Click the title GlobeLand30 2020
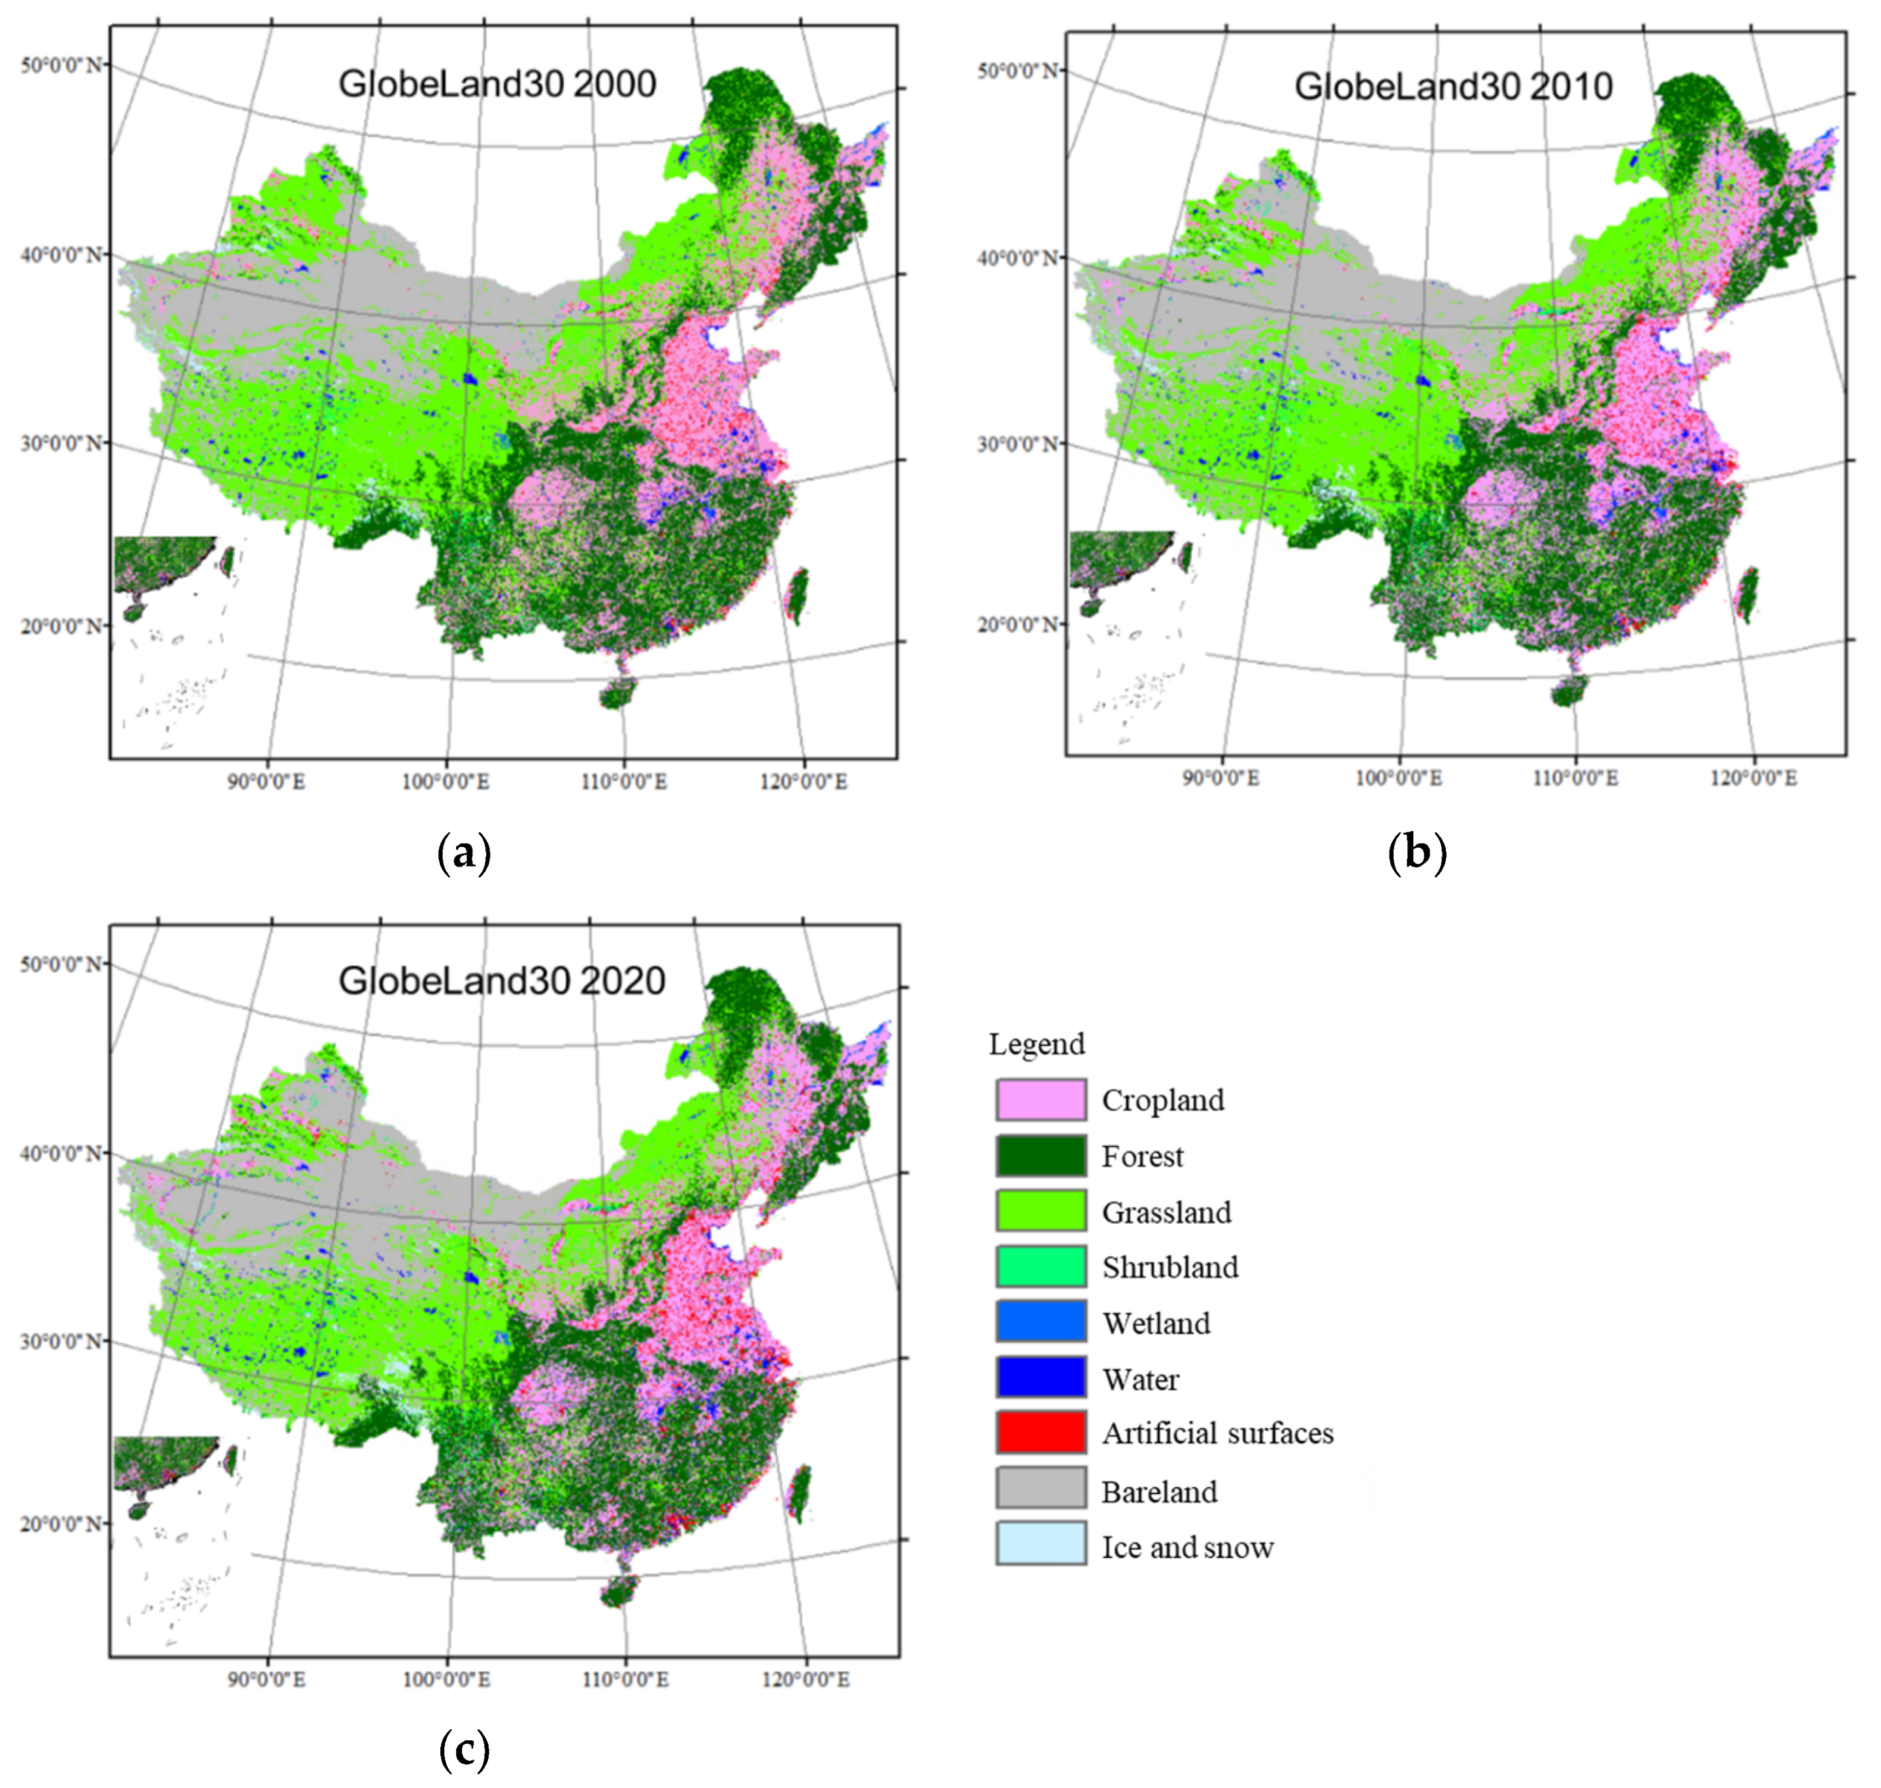tap(502, 981)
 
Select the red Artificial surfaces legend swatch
tap(1040, 1433)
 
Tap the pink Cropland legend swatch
tap(1040, 1100)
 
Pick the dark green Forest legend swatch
tap(1040, 1156)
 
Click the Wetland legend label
tap(1156, 1323)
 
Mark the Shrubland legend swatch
tap(1040, 1267)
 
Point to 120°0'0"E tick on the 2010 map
tap(1752, 778)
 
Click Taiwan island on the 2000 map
tap(796, 593)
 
